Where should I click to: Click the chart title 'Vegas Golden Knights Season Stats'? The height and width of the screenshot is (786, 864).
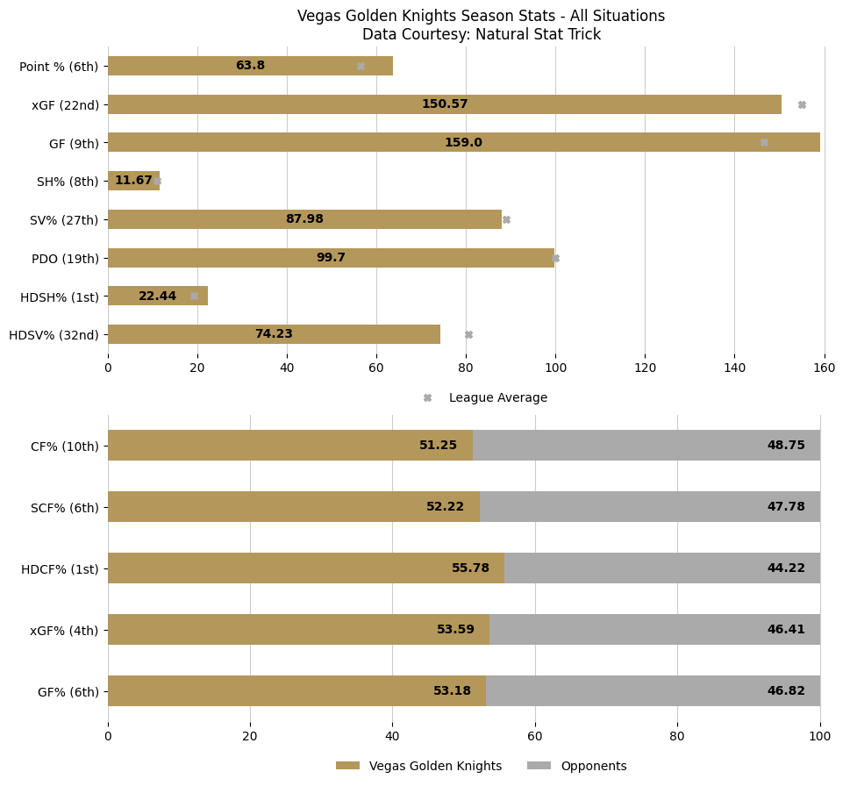pos(481,17)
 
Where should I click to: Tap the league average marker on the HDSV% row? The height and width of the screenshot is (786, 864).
pos(468,334)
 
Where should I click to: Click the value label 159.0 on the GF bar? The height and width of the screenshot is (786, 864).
pos(463,143)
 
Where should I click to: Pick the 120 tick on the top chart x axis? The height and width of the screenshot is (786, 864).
pos(645,368)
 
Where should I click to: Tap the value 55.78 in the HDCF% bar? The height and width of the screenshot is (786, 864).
pos(470,568)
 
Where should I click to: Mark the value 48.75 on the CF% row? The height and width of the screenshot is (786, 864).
pos(786,446)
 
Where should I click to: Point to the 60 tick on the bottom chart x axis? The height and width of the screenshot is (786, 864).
pos(535,737)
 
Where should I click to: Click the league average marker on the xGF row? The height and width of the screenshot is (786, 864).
pos(802,104)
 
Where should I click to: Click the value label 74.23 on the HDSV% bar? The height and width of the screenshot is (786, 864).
pos(274,334)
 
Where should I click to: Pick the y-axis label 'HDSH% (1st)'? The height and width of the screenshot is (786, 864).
pos(60,297)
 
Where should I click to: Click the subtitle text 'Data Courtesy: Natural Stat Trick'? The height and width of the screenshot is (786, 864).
pos(481,35)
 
